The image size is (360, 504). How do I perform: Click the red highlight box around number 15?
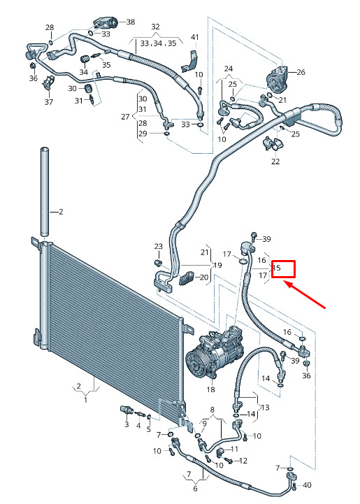pos(283,269)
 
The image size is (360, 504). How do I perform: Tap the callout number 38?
pos(131,22)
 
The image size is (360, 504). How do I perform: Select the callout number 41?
pos(195,37)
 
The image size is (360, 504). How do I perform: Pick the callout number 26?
pos(301,72)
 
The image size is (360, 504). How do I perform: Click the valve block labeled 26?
pos(277,79)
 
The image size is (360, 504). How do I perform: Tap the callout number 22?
pos(275,161)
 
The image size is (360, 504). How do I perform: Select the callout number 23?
pos(159,247)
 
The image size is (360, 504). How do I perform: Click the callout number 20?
pos(204,277)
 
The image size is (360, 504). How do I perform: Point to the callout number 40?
pos(307,484)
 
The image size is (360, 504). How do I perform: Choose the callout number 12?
pos(243,461)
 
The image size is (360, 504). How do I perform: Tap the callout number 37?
pos(48,102)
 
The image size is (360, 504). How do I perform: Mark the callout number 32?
pos(155,27)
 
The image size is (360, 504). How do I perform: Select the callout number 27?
pos(125,117)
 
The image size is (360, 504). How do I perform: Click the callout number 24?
pos(229,69)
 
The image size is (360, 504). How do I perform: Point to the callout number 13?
pos(265,408)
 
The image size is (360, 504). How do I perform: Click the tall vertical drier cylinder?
pos(45,192)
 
